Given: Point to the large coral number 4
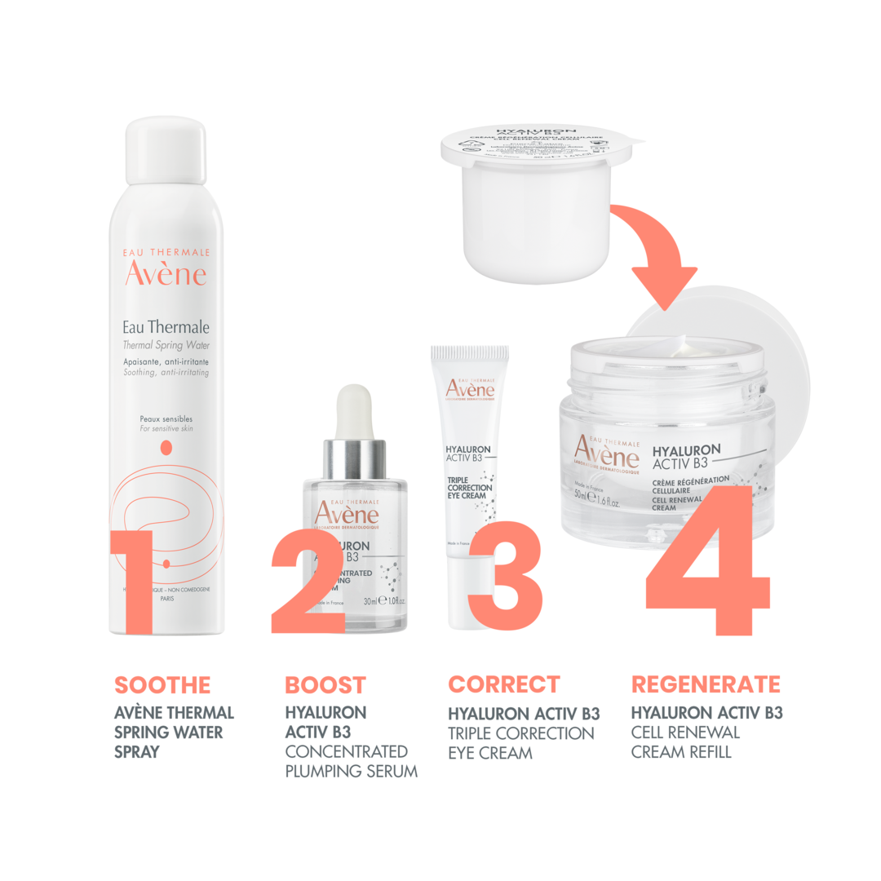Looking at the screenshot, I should click(x=708, y=563).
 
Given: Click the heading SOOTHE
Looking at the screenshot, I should click(x=162, y=685).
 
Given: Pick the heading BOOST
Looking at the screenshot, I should click(x=325, y=685).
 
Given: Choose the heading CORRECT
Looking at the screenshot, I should click(x=504, y=684).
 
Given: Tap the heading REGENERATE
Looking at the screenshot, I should click(x=706, y=684).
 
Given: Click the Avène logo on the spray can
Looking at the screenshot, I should click(x=166, y=274).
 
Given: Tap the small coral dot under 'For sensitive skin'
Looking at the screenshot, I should click(x=166, y=446).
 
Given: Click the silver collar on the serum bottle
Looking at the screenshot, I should click(x=355, y=459).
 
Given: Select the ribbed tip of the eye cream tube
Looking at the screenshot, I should click(x=470, y=356).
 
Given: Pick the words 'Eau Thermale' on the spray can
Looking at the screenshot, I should click(x=166, y=327).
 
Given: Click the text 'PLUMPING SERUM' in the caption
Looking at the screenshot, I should click(x=351, y=771).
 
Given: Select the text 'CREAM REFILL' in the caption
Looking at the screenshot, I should click(x=681, y=751).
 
